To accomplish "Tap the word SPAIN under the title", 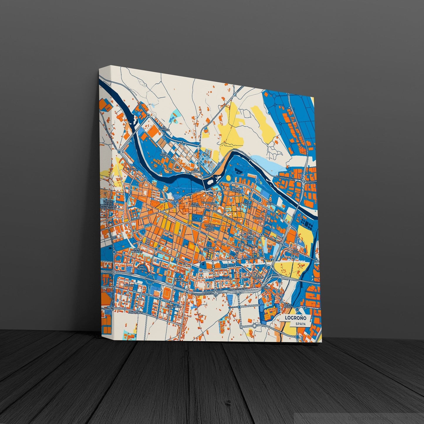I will point(301,324).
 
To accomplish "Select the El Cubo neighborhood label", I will point(132,169).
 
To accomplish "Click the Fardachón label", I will point(135,313).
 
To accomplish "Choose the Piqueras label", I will point(258,277).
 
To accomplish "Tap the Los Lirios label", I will point(295,252).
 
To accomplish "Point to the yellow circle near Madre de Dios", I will point(228,178).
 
